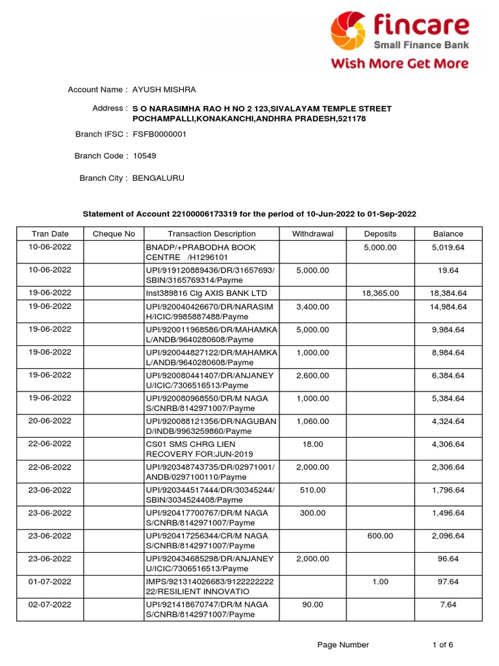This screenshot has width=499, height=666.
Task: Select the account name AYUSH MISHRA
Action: coord(164,90)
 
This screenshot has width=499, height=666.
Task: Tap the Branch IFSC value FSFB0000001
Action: coord(159,134)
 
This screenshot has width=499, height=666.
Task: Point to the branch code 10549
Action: coord(144,156)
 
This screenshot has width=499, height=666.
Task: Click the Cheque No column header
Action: coord(114,234)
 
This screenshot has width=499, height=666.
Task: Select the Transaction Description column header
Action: coord(211,234)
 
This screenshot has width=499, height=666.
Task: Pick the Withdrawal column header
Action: coord(313,234)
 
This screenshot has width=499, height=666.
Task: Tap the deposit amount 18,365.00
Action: coord(380,293)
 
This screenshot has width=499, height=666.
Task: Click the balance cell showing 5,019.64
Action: coord(448,248)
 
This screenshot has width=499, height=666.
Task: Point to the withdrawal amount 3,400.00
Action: coord(313,307)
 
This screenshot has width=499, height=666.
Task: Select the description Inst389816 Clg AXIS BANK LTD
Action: coord(206,293)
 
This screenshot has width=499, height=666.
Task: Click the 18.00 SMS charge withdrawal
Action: coord(313,445)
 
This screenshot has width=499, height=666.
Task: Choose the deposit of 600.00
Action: coord(380,536)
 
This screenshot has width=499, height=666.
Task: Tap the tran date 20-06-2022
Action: coord(50,421)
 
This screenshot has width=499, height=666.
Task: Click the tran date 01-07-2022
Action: coord(50,581)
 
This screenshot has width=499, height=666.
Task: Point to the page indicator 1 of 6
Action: coord(442,645)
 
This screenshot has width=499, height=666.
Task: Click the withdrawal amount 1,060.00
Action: coord(313,421)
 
